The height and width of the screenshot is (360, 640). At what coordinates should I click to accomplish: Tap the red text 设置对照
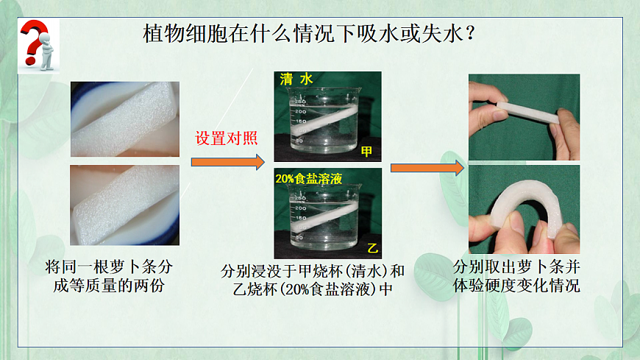[x=226, y=138]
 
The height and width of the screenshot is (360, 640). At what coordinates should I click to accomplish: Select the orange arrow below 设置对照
[x=227, y=161]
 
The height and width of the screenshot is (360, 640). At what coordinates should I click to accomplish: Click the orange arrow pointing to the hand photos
[x=427, y=169]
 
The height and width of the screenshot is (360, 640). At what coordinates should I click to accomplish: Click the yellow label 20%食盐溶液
[x=309, y=177]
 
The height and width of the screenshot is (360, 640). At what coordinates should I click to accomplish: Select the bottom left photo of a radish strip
[x=125, y=205]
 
